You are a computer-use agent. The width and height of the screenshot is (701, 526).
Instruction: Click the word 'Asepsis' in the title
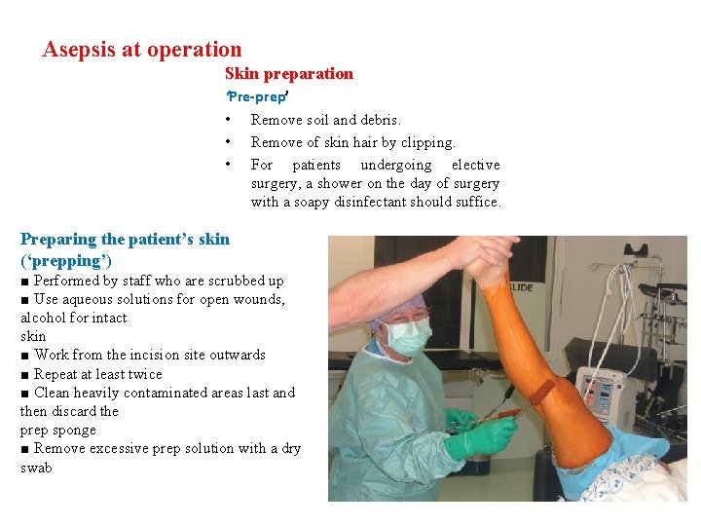[79, 50]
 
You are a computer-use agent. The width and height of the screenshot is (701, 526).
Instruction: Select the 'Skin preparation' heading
[288, 74]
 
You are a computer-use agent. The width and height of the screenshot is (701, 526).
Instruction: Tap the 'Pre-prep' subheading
[256, 97]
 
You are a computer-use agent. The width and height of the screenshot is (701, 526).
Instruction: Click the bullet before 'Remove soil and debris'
[227, 120]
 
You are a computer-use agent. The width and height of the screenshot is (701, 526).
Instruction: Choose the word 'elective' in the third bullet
[475, 165]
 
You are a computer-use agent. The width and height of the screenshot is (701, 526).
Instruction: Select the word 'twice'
[143, 374]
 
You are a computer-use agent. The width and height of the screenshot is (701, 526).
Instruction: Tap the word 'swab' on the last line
[36, 468]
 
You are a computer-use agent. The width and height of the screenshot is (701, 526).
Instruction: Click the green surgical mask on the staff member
[408, 337]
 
